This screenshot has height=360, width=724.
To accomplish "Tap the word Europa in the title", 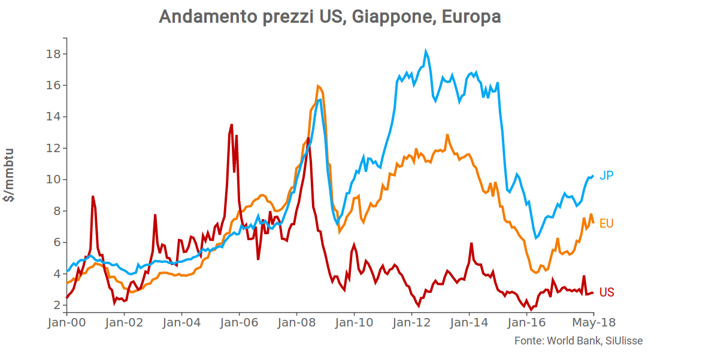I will (471, 17).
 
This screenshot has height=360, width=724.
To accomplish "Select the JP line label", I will (607, 176).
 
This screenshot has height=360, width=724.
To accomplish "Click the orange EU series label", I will (607, 223).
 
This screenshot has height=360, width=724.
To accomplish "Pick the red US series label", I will (607, 292).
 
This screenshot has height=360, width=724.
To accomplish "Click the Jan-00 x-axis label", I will (66, 323).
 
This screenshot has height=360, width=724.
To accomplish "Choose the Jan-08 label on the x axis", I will (296, 323).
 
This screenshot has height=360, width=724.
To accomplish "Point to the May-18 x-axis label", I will (593, 323).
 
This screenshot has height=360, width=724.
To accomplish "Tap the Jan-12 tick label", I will (411, 323).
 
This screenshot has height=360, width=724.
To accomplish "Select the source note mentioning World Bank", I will (578, 340).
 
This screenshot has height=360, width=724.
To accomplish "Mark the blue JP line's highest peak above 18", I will (426, 52).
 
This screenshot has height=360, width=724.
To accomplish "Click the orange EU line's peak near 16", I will (317, 86).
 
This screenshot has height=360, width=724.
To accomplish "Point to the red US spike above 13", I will (231, 125).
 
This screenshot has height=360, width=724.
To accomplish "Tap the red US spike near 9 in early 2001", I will (93, 196).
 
